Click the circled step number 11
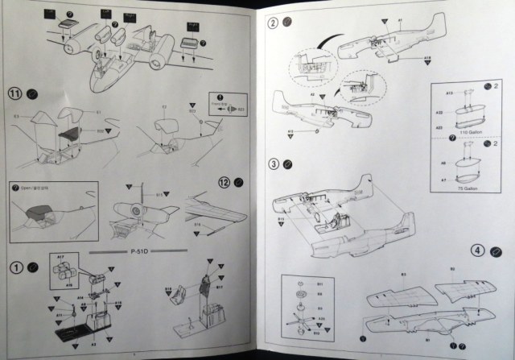pos(14,93)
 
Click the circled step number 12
pos(225,182)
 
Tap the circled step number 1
pos(14,267)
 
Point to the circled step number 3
pos(274,164)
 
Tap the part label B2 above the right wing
pos(451,268)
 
